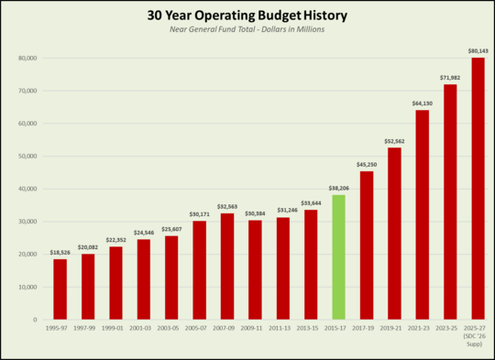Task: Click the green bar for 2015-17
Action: pos(338,257)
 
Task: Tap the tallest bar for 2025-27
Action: pos(478,189)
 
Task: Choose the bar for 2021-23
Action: pos(422,214)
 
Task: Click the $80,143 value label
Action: pos(477,51)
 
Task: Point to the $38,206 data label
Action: pos(338,188)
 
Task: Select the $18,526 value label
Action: pos(60,252)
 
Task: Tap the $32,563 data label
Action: pos(227,206)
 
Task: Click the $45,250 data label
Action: pos(367,165)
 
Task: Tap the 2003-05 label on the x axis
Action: pos(171,328)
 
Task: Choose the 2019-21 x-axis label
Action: pos(394,328)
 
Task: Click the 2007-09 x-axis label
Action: pos(227,328)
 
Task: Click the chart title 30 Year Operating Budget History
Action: pos(247,16)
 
